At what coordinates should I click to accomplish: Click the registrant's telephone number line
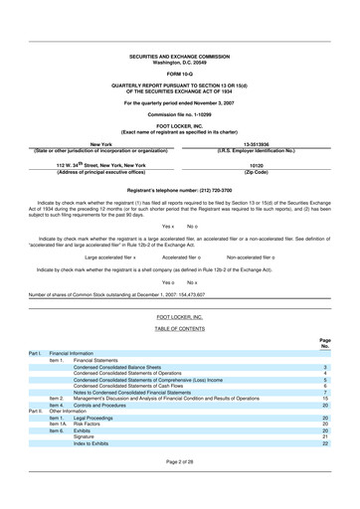coord(179,190)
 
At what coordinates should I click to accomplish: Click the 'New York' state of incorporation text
coord(90,143)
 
